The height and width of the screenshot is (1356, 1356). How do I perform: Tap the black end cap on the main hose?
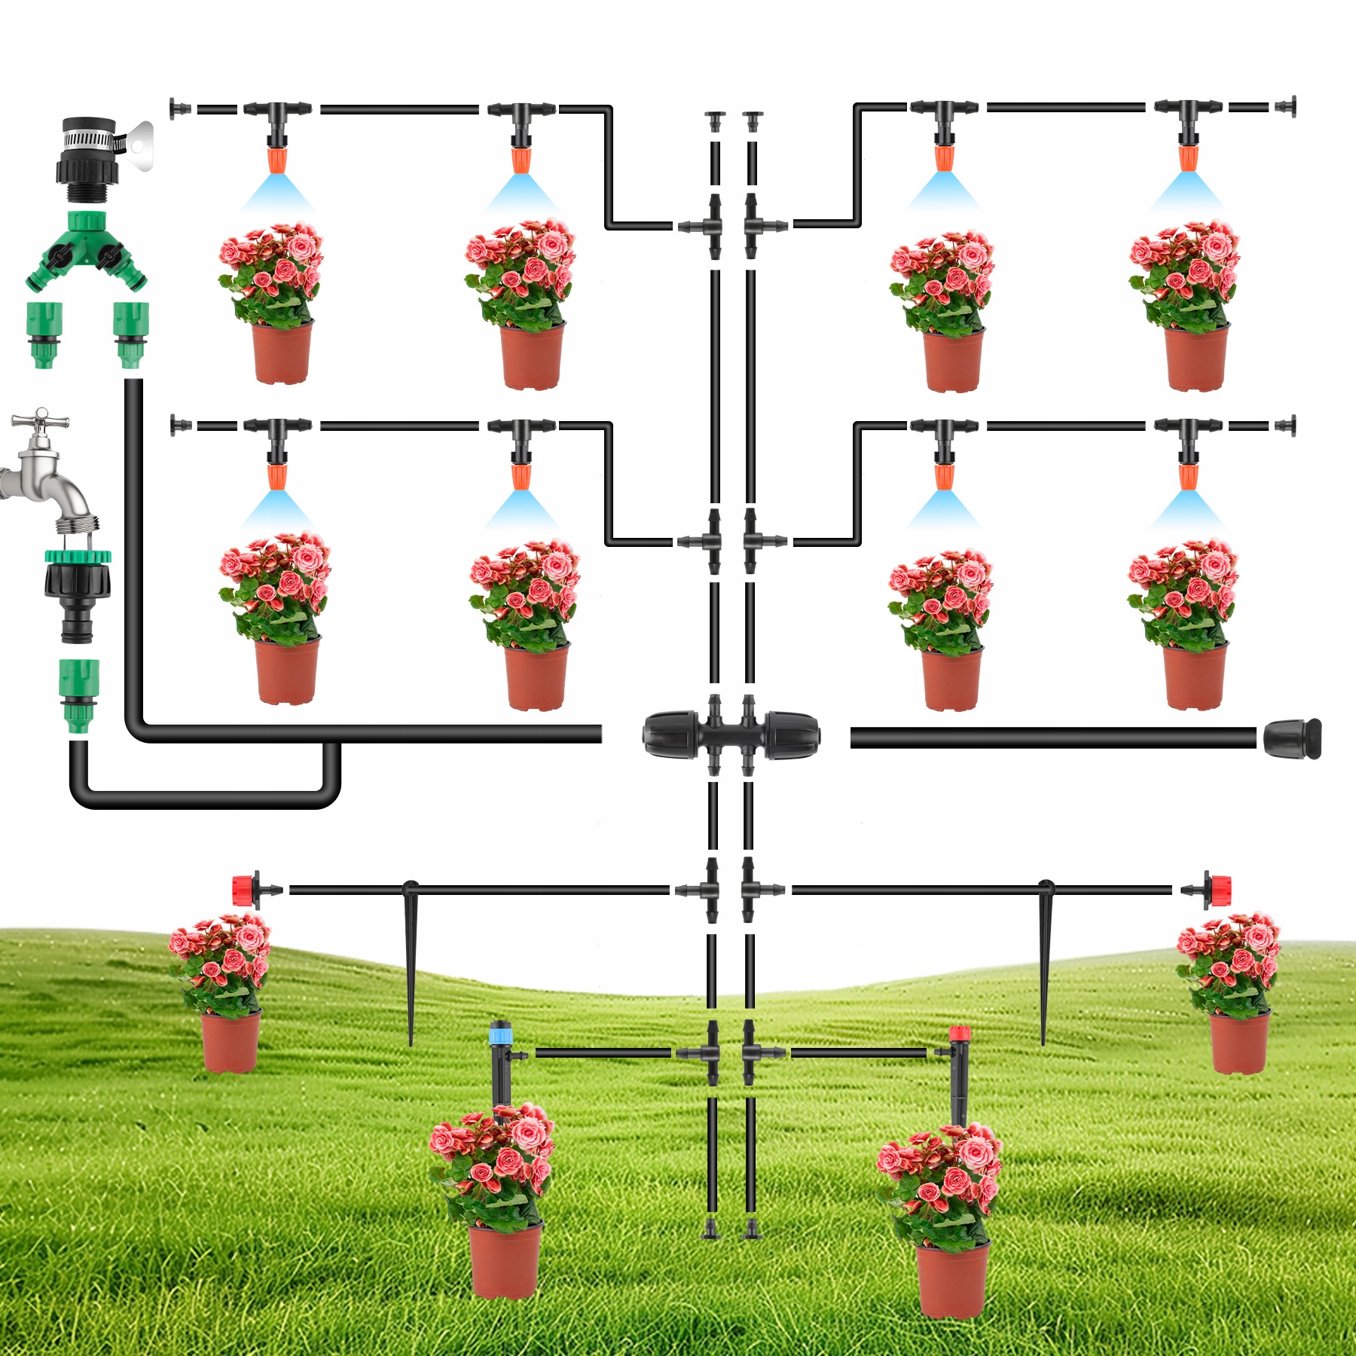coord(1292,738)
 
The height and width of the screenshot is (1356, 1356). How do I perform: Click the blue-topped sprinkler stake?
coord(499,1062)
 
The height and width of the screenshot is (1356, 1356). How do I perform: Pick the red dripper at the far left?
coord(246,890)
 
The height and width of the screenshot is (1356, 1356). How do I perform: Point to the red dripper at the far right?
coord(1219,890)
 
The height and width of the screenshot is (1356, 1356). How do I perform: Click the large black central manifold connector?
coord(730,734)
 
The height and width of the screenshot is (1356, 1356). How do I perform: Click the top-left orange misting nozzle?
coord(277,160)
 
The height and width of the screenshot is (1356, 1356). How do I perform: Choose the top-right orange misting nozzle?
coord(1188,157)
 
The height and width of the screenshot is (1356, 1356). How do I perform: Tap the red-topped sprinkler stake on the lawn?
coord(958,1070)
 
